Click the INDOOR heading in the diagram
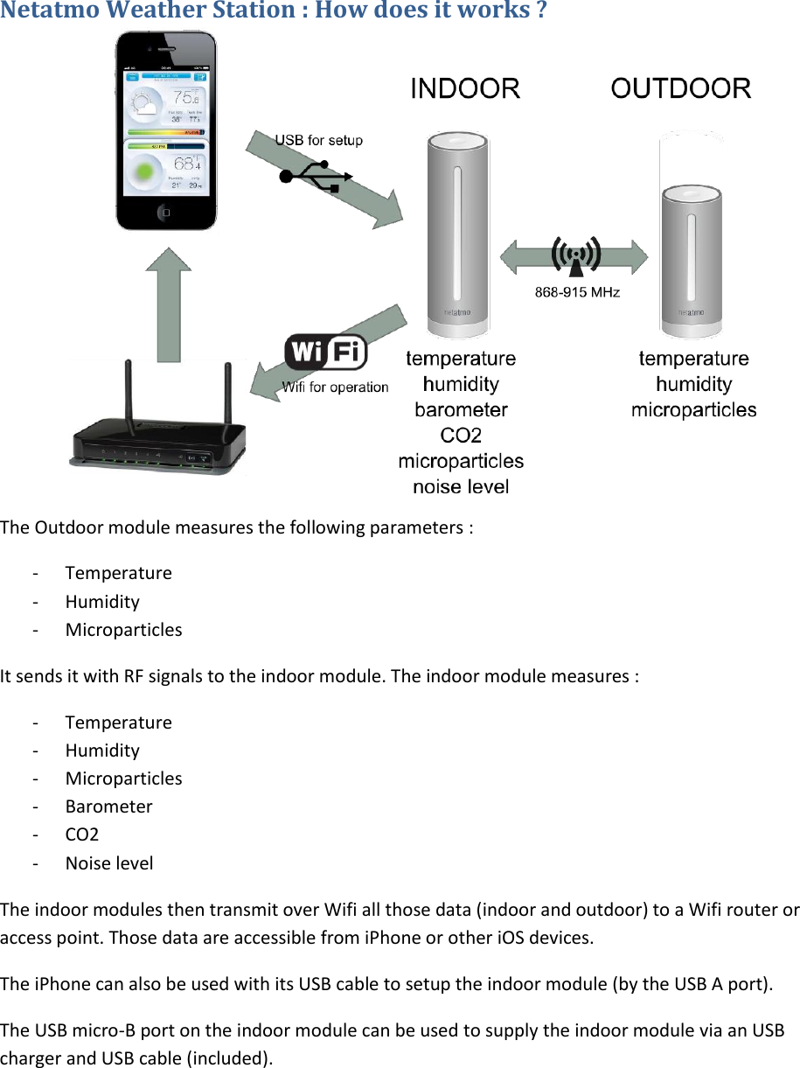tap(465, 88)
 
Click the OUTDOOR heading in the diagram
tap(680, 88)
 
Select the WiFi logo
tap(325, 353)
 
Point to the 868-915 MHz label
tap(577, 292)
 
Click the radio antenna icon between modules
tap(575, 255)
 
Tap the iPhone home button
tap(166, 212)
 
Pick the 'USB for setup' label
tap(319, 140)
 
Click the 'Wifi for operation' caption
tap(335, 387)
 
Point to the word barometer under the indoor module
tap(461, 409)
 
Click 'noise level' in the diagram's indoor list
tap(461, 486)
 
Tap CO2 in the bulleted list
tap(82, 834)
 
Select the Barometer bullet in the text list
tap(108, 806)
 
